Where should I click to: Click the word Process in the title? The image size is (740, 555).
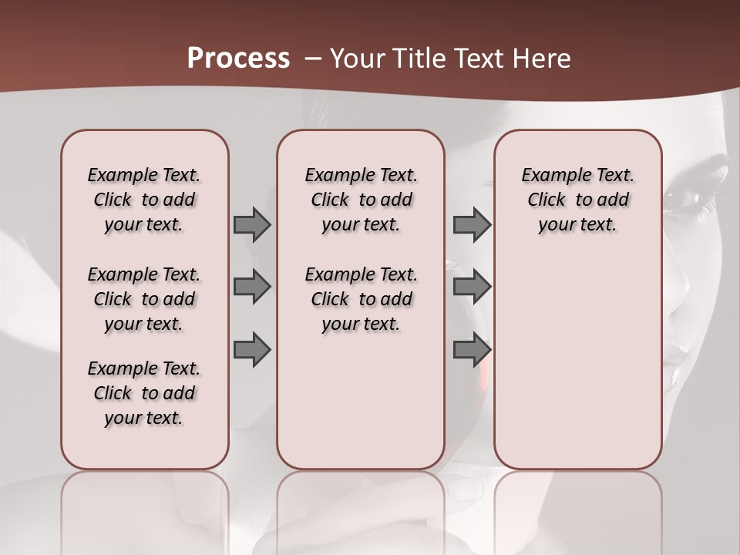point(238,59)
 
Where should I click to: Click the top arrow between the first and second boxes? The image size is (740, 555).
point(252,224)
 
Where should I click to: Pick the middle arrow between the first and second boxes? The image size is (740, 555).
point(252,287)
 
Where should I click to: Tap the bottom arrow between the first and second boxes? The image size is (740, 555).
point(252,350)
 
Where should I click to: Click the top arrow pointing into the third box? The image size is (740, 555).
point(472,224)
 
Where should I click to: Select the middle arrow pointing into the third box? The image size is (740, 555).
point(472,287)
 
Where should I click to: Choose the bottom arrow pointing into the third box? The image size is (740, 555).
point(472,350)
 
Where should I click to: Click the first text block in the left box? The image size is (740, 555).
point(144,200)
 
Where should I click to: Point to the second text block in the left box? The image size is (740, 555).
point(144,299)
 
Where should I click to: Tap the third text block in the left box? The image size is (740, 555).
point(144,393)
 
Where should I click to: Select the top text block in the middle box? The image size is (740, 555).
point(361,200)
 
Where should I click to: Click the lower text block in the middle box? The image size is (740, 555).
point(361,299)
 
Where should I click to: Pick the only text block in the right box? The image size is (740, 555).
point(577,200)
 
